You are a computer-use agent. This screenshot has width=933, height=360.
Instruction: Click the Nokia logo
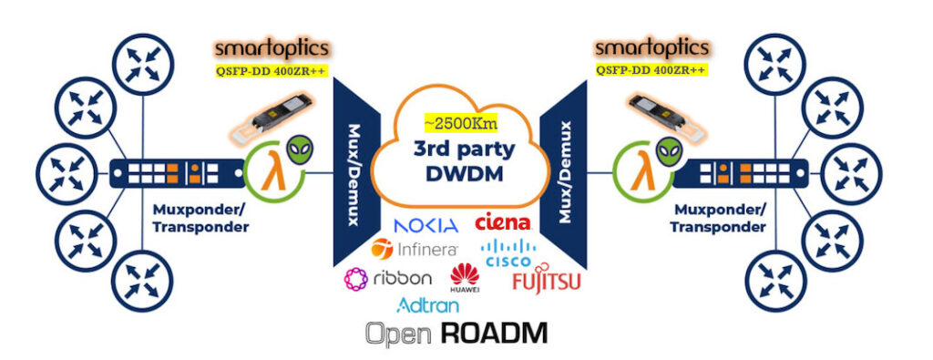click(x=426, y=225)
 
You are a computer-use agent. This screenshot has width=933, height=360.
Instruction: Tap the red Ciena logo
click(x=503, y=222)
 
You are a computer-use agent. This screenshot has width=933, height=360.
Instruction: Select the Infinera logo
click(x=414, y=249)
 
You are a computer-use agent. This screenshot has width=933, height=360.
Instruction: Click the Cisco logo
click(x=508, y=253)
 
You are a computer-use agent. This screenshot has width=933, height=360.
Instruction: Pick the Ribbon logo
click(x=388, y=279)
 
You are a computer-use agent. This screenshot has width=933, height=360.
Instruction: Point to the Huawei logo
click(x=465, y=279)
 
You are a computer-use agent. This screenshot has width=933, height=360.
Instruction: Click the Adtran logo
click(x=428, y=305)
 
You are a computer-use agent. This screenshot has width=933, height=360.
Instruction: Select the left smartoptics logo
click(x=272, y=48)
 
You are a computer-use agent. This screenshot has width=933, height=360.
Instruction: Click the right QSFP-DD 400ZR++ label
click(x=651, y=70)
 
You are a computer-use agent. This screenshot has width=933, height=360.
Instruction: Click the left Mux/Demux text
click(x=353, y=174)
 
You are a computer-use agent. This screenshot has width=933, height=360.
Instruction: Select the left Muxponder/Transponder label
click(x=200, y=218)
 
